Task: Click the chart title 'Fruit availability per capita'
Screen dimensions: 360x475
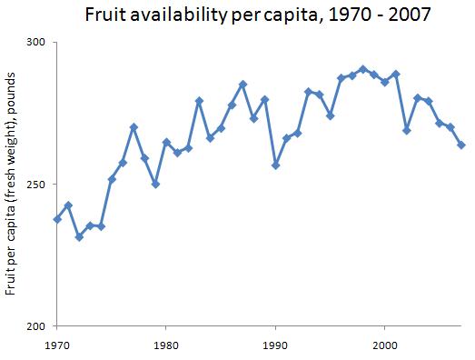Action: pos(238,15)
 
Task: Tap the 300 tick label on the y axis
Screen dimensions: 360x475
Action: pos(40,43)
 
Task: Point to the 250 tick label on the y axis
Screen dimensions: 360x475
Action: pos(40,185)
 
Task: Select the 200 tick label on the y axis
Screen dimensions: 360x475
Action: pos(40,326)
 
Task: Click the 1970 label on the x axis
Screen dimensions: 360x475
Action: pos(57,345)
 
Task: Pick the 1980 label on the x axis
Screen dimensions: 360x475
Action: pos(166,345)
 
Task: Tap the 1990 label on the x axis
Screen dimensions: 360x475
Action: pos(275,345)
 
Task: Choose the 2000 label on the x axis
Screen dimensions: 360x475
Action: pos(384,345)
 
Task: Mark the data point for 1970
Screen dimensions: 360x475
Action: pos(57,219)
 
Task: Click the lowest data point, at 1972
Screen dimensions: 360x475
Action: pos(79,236)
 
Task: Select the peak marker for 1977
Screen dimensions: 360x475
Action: pos(134,127)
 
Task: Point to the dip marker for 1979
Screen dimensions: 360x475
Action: pos(155,184)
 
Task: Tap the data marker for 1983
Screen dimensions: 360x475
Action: pos(199,101)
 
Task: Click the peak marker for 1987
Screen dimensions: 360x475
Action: pos(242,85)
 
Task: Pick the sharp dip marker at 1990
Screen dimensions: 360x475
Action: pos(275,165)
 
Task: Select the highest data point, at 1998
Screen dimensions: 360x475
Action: pos(362,69)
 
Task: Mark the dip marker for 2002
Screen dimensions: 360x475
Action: pos(406,131)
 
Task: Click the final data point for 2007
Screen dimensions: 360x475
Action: pos(460,145)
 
